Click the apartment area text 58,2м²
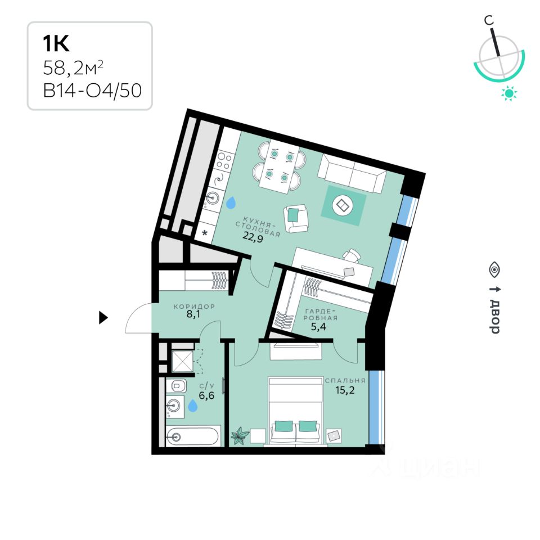click(x=73, y=69)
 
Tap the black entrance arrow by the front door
click(x=103, y=318)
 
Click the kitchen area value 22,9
click(x=253, y=236)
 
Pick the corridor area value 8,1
click(x=193, y=316)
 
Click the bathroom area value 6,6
click(x=207, y=395)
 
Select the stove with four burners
click(x=223, y=162)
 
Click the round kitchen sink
click(x=213, y=197)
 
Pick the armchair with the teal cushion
click(x=296, y=218)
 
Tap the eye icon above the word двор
click(x=494, y=269)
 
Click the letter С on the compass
click(x=490, y=20)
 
